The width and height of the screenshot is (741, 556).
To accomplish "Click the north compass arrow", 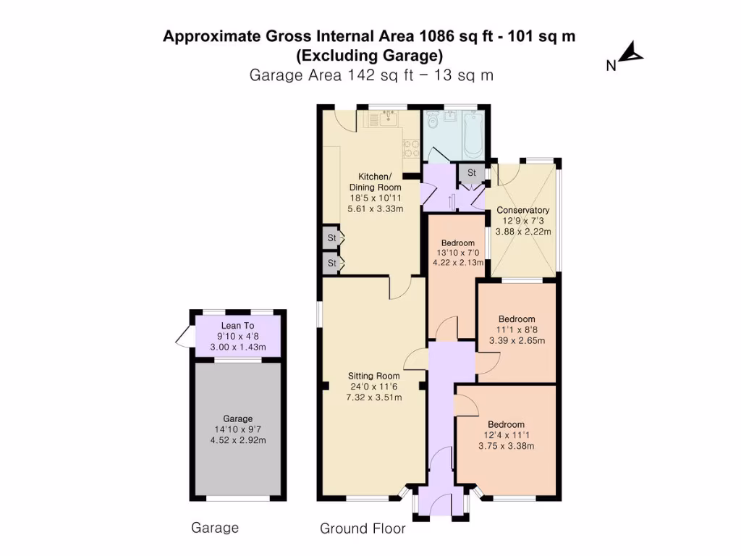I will pos(634,53).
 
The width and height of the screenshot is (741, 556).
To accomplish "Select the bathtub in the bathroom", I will pos(473,135).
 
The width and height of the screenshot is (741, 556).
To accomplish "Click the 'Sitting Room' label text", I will pos(374,376).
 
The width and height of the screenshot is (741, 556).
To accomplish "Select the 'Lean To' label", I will pos(238,326).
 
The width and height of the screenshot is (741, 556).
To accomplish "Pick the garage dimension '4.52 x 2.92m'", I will pos(238,439).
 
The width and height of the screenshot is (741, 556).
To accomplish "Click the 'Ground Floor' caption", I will pos(363,529).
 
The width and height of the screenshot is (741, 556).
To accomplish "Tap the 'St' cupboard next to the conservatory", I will pos(472,173).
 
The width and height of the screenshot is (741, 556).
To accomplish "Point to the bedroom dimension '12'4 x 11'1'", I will pos(506,435).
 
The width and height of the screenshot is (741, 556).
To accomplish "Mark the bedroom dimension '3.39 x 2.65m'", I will pos(517,340).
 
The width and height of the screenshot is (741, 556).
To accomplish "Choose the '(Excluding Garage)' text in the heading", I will pos(370,55).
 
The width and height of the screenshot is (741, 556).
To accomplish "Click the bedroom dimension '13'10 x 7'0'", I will pos(457,253).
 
